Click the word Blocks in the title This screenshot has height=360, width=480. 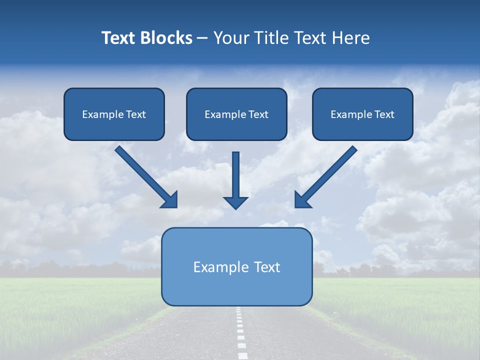(x=167, y=38)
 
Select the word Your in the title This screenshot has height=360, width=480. (x=229, y=38)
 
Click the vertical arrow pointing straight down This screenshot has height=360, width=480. (x=235, y=175)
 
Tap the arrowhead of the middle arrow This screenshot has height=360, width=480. (x=235, y=202)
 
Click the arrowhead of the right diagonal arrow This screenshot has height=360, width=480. (x=301, y=200)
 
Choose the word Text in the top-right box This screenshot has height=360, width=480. (x=384, y=114)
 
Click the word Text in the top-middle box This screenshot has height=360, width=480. (x=258, y=114)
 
